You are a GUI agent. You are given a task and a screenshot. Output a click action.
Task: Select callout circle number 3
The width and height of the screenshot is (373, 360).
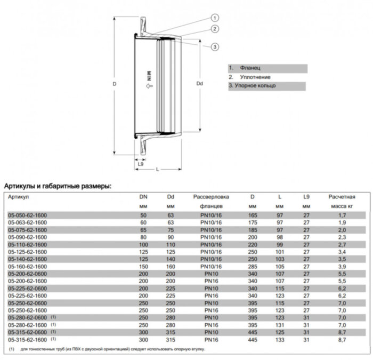click(x=215, y=47)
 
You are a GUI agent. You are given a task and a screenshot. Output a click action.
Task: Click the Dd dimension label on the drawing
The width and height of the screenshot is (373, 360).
click(x=199, y=83)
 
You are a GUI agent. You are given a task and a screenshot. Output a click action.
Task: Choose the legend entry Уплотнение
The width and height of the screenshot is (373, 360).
click(x=254, y=77)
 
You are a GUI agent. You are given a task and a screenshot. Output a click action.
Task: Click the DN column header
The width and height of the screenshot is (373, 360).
click(x=142, y=197)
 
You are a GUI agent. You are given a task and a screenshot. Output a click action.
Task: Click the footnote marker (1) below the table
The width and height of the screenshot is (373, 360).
click(x=12, y=349)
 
